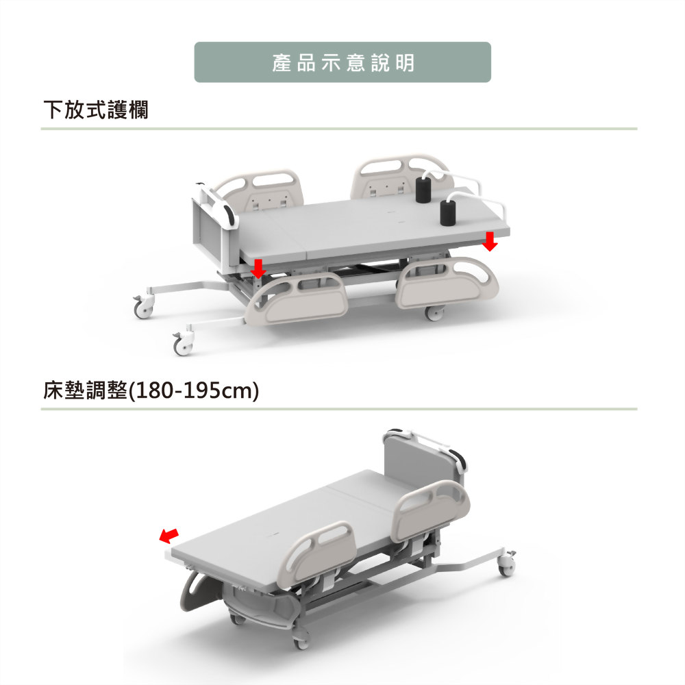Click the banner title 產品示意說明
coord(343,63)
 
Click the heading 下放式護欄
coord(96,109)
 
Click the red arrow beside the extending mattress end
coord(169,536)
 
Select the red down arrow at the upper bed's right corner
coord(490,241)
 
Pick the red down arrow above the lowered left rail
coord(258,269)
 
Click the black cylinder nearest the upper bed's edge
coord(447,213)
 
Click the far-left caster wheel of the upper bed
coord(144,306)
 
